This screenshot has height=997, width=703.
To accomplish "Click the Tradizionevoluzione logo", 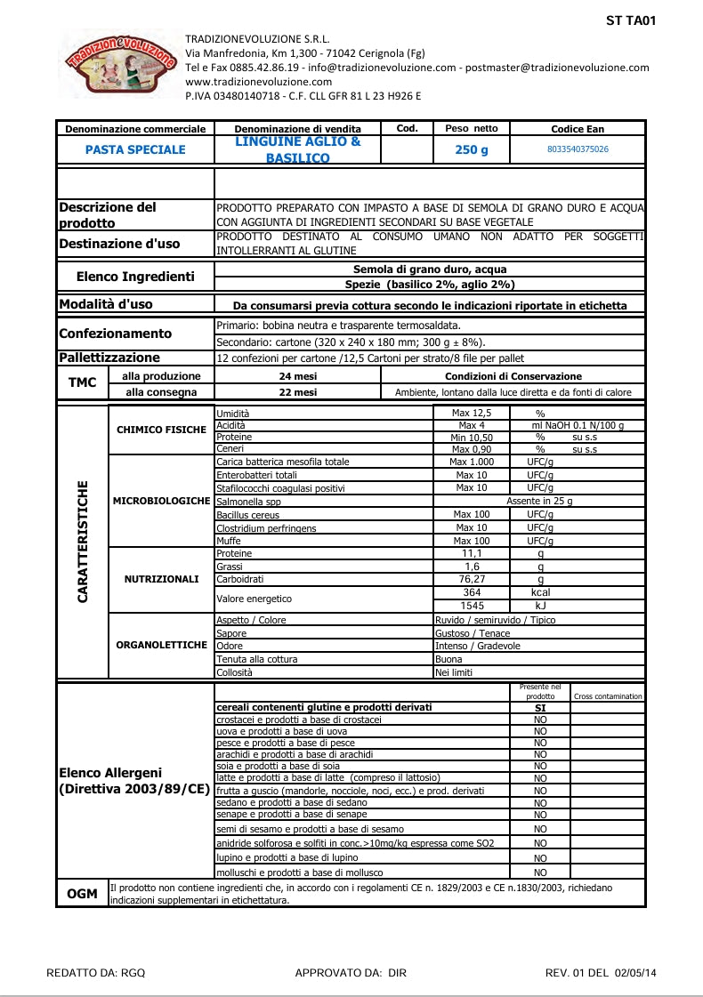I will tap(119, 62).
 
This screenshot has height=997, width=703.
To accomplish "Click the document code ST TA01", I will tap(631, 20).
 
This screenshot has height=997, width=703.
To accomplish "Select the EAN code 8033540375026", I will tap(578, 149).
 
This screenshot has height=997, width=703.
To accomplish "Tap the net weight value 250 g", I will tap(472, 150).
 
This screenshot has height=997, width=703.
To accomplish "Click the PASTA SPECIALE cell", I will tap(135, 149).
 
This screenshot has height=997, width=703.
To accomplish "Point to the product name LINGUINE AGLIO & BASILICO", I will tap(298, 149).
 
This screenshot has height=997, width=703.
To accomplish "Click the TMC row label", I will tap(82, 383).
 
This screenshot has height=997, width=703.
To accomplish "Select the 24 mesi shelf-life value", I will tap(298, 376).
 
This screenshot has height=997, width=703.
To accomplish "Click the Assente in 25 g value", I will tap(539, 502).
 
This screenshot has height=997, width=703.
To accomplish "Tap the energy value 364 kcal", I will tap(472, 592).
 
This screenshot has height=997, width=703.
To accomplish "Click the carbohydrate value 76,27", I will tap(472, 579).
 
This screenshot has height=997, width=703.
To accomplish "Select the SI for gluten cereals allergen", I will tap(540, 708).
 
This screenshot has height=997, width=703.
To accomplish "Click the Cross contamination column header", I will tap(609, 696).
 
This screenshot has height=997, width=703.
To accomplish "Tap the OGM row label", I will tap(82, 894).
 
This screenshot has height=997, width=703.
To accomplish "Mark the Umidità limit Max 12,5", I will tap(472, 413).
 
